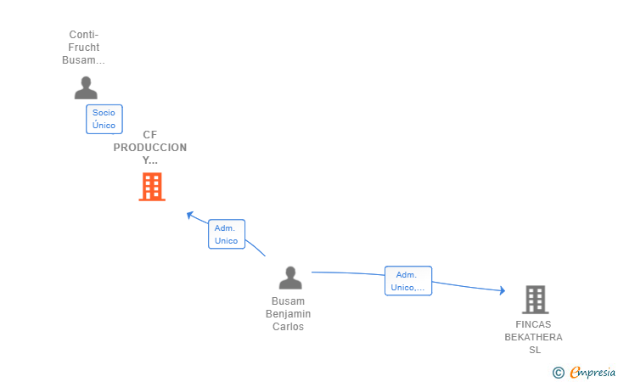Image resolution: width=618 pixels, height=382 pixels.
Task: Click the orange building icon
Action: (151, 187)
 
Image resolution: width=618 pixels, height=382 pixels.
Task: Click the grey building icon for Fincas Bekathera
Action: (535, 300)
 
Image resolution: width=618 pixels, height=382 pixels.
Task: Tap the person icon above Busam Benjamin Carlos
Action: (290, 278)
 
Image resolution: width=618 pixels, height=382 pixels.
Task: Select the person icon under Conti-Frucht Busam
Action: (86, 87)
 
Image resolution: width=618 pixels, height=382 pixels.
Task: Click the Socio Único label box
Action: (104, 119)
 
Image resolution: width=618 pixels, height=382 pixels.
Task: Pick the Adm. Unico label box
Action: (227, 234)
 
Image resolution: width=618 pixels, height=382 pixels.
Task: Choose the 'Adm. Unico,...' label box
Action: (407, 281)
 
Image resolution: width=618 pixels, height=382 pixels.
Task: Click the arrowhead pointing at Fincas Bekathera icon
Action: (502, 291)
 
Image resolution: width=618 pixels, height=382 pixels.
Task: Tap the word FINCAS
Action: (533, 324)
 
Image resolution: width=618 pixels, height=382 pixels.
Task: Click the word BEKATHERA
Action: (533, 337)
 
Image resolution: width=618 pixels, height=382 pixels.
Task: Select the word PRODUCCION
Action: (150, 148)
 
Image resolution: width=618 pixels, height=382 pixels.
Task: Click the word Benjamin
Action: (288, 314)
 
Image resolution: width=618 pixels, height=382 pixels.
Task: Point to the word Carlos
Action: (288, 327)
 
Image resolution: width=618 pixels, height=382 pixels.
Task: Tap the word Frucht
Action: (84, 48)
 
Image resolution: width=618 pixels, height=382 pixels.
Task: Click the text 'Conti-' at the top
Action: (84, 35)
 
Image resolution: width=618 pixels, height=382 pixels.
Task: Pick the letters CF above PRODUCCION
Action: (150, 135)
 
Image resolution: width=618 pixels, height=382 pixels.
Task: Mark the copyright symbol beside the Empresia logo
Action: (559, 372)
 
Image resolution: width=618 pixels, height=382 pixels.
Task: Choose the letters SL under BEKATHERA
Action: (534, 350)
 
